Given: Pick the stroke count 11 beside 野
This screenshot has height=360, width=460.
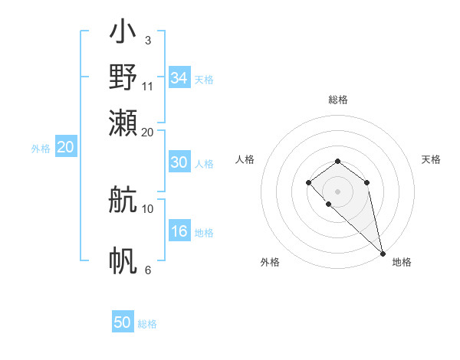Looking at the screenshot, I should click(x=148, y=86).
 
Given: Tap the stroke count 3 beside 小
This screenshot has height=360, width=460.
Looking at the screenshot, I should click(x=148, y=40).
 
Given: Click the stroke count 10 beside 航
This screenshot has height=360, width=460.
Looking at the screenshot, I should click(x=148, y=208).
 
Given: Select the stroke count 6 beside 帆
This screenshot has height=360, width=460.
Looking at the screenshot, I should click(x=148, y=270).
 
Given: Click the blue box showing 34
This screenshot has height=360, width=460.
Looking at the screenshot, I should click(x=179, y=78).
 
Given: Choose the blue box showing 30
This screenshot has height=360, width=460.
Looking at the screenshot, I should click(x=179, y=162).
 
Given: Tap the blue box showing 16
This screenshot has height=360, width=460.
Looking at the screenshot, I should click(x=179, y=232).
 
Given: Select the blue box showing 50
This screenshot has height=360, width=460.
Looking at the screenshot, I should click(x=123, y=322).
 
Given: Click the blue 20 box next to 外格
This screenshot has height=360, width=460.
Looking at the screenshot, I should click(x=65, y=148).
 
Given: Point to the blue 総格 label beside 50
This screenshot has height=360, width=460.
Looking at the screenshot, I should click(x=147, y=324).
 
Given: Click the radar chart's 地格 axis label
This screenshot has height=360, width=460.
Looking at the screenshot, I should click(x=402, y=262).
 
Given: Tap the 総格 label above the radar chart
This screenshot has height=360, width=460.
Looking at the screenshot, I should click(x=338, y=100).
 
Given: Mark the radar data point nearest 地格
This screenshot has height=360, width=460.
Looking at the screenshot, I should click(x=383, y=254).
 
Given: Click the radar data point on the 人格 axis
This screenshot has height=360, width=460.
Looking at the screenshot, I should click(x=308, y=182).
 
